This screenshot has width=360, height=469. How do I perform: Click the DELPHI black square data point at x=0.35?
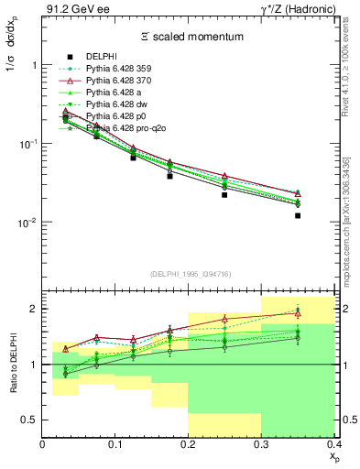pyautogui.click(x=298, y=216)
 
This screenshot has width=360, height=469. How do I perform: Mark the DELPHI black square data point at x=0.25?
pyautogui.click(x=224, y=195)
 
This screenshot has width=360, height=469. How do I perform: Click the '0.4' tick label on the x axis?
pyautogui.click(x=333, y=445)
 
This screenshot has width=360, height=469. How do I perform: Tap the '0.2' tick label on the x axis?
pyautogui.click(x=189, y=445)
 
